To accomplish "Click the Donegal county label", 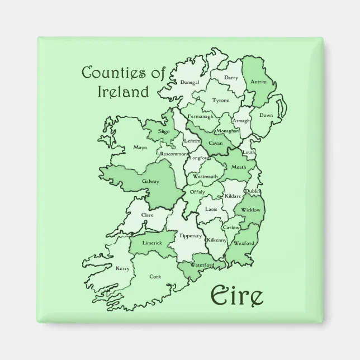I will [190, 83].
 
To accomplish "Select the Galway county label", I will [150, 181].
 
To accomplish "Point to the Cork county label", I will [155, 276].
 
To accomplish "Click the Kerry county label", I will [122, 269].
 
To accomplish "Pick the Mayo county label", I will [140, 148].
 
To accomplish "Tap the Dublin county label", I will [253, 192].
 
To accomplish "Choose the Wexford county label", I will [244, 244].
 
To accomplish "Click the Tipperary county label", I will [190, 236].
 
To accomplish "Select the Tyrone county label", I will [220, 101].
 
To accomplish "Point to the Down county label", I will [266, 115].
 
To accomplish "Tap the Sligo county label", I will [164, 131].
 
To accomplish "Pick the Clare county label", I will [148, 215].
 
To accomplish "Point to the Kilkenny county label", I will [217, 240].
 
